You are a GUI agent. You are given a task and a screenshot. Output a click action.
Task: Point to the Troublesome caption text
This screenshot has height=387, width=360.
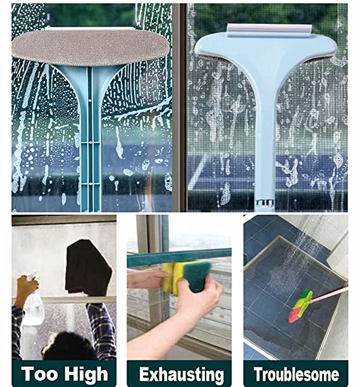pyautogui.click(x=296, y=374)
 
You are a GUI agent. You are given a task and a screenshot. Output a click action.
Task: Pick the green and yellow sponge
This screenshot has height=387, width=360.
pyautogui.click(x=187, y=277)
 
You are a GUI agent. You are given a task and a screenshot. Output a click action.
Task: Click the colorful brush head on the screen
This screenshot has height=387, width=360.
pyautogui.click(x=301, y=307)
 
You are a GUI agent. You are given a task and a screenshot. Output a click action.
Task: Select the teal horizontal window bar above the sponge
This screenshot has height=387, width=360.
pyautogui.click(x=179, y=258)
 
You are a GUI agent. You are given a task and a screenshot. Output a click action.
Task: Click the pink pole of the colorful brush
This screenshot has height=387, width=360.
pyautogui.click(x=330, y=294)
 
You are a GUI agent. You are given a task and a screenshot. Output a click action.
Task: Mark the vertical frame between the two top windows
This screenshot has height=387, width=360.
pyautogui.click(x=179, y=108)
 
